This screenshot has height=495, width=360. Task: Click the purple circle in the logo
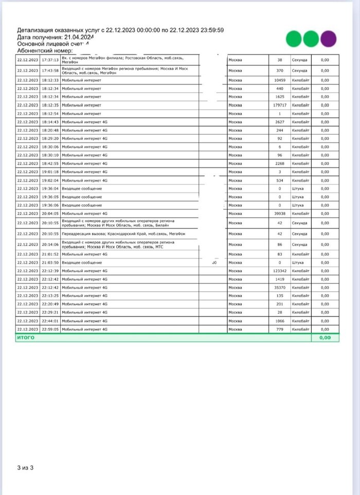(328, 39)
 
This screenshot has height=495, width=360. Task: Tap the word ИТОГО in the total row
(25, 338)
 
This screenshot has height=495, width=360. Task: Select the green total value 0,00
(325, 338)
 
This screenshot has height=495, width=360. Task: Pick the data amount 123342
(280, 271)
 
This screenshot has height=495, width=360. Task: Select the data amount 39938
(280, 213)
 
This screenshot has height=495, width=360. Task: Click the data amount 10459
(280, 80)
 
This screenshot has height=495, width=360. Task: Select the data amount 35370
(280, 287)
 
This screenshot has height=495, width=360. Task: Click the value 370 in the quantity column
(280, 70)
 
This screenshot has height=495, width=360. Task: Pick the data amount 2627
(280, 121)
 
